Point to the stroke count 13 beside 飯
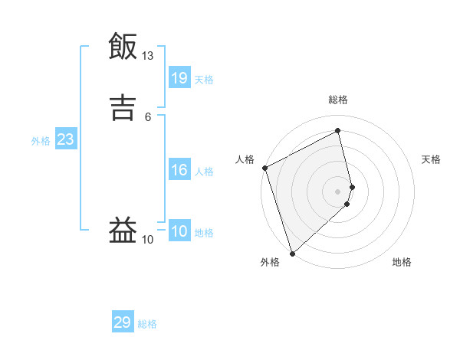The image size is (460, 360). click(148, 56)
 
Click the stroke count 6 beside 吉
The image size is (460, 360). click(148, 116)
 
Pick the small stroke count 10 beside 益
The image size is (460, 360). click(148, 240)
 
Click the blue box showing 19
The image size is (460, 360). click(179, 77)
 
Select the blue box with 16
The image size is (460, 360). click(179, 170)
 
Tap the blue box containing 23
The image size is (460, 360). click(65, 139)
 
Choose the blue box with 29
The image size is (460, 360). click(123, 322)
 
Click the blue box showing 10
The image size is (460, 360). click(179, 231)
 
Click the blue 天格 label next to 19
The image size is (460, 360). click(204, 79)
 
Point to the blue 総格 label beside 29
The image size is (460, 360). click(147, 324)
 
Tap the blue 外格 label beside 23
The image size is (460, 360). click(41, 141)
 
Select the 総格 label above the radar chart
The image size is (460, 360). click(338, 100)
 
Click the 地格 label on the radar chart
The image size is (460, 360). click(402, 263)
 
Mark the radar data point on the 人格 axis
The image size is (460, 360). click(264, 168)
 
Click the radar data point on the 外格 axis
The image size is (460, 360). click(291, 253)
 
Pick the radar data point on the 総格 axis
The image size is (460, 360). click(338, 131)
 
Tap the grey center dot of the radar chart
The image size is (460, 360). click(338, 191)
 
